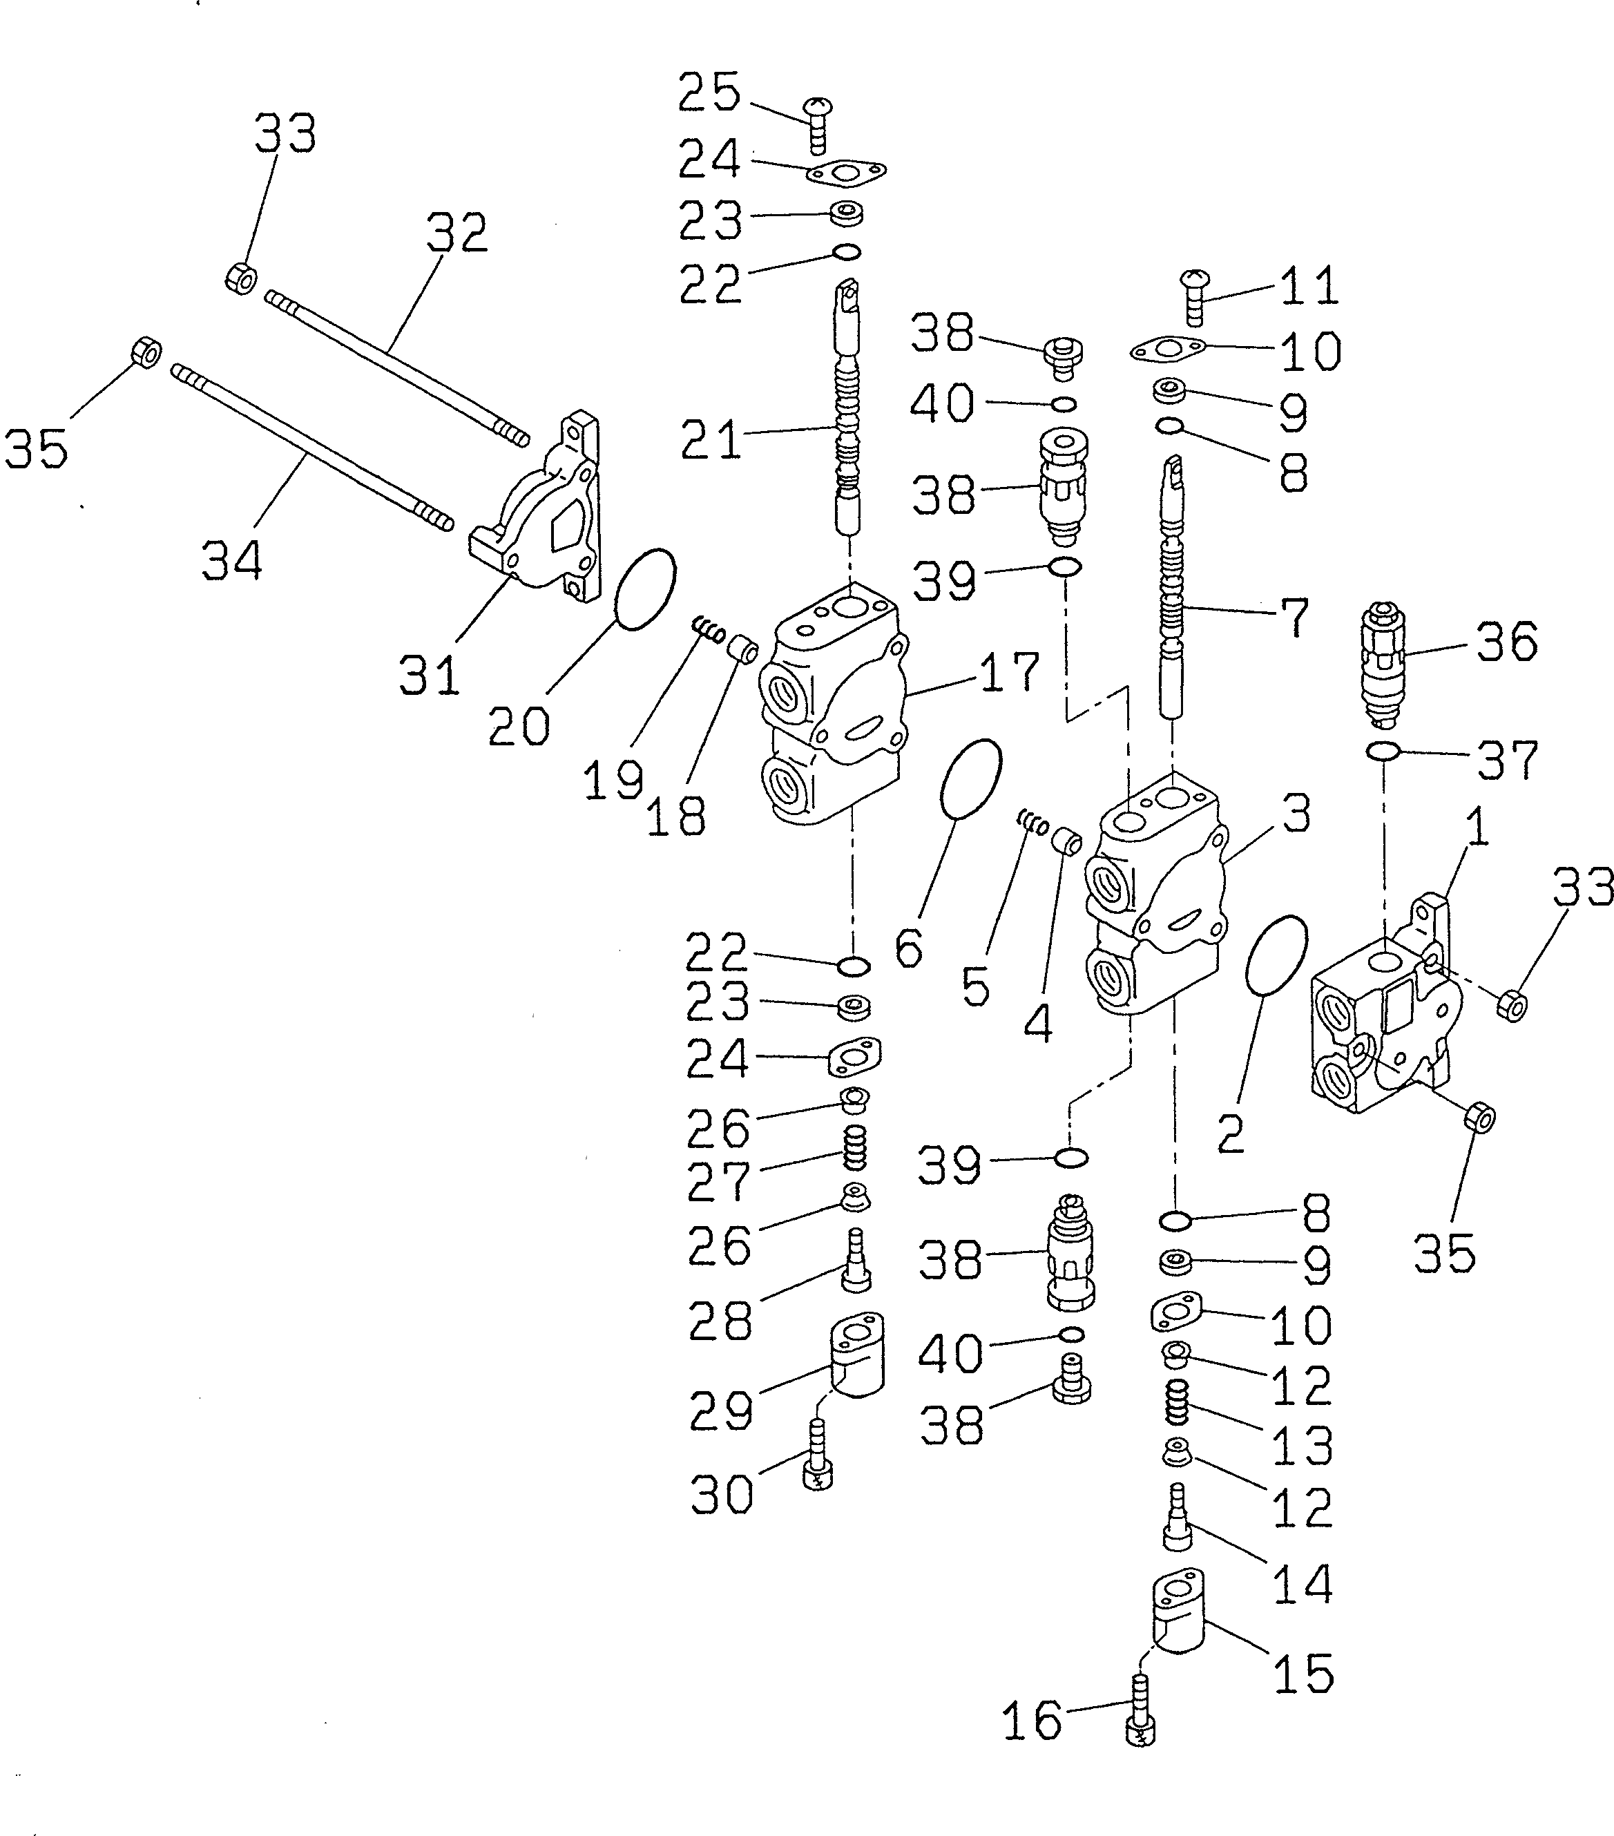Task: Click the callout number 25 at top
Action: tap(709, 93)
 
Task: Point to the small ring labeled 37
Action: tap(1383, 750)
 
